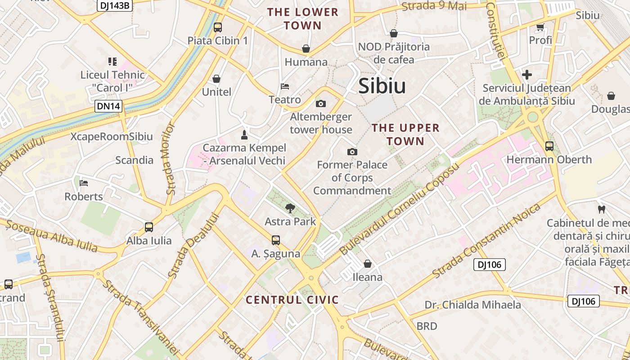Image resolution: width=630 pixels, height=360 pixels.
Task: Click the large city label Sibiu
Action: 382,86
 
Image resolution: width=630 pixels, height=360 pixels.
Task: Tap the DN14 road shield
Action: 108,107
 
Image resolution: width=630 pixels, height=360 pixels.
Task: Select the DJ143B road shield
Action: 115,5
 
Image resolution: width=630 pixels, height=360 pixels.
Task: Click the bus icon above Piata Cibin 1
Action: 218,27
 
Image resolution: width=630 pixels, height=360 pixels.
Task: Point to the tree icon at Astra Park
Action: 290,208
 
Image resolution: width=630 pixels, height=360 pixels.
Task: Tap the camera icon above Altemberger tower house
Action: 321,104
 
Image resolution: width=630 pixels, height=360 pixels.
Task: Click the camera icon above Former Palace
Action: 352,152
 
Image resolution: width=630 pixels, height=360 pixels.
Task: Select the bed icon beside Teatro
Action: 285,86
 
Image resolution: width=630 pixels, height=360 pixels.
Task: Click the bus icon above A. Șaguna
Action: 276,240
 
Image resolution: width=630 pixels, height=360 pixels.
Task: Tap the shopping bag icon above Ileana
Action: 368,264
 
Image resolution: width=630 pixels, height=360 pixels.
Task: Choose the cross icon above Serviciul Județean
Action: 527,75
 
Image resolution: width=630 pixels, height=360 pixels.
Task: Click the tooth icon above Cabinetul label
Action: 601,209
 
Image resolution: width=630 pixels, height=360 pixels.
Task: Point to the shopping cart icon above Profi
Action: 540,27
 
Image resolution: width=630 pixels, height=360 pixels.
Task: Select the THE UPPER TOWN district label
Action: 405,135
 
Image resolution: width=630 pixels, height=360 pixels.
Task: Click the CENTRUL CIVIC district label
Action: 292,300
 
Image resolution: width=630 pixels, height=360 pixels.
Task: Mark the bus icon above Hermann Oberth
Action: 549,146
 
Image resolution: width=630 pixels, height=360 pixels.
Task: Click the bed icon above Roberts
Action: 84,183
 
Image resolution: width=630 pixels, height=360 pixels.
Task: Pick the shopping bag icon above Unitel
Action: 216,79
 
